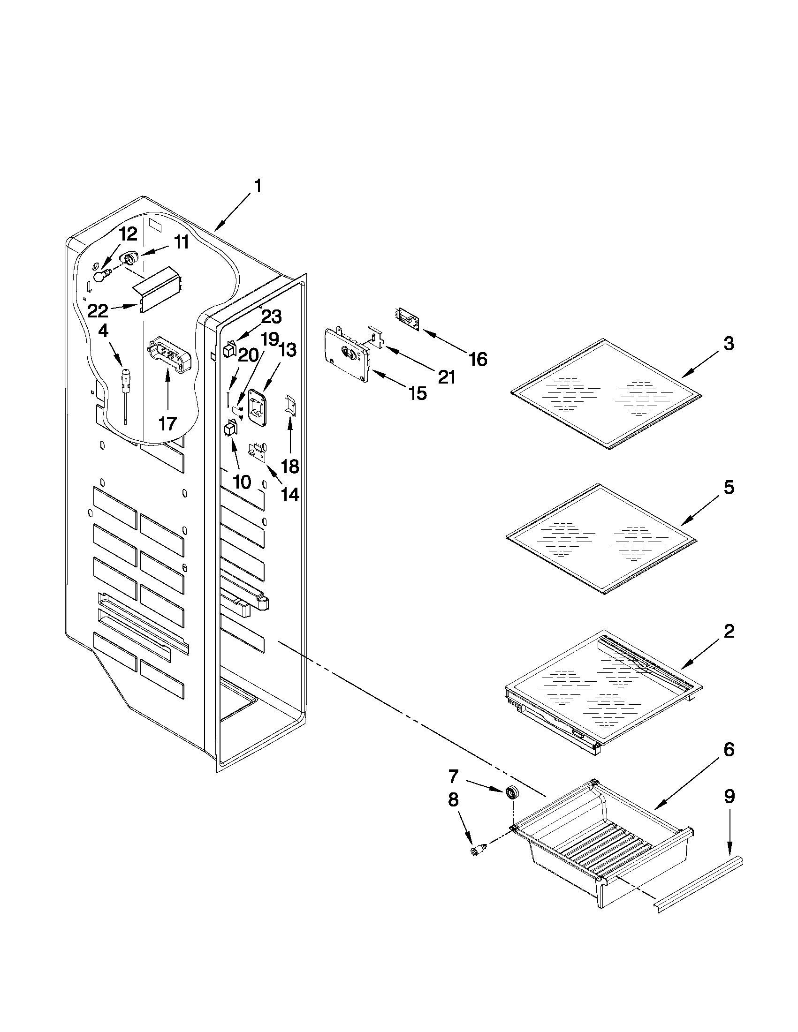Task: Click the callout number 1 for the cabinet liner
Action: pyautogui.click(x=258, y=186)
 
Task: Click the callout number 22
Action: pyautogui.click(x=98, y=311)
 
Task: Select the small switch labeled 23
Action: pyautogui.click(x=228, y=350)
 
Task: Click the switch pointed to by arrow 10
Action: pyautogui.click(x=229, y=428)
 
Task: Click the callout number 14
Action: pyautogui.click(x=290, y=494)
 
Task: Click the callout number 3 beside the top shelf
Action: pyautogui.click(x=729, y=344)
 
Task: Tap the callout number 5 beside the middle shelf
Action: pyautogui.click(x=729, y=487)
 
